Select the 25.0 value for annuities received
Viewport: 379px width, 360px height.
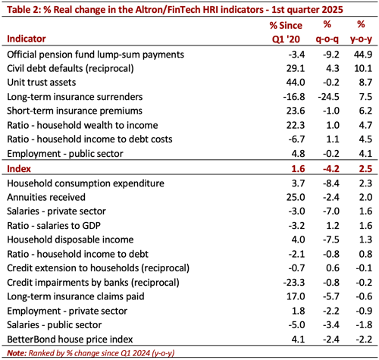point(274,197)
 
